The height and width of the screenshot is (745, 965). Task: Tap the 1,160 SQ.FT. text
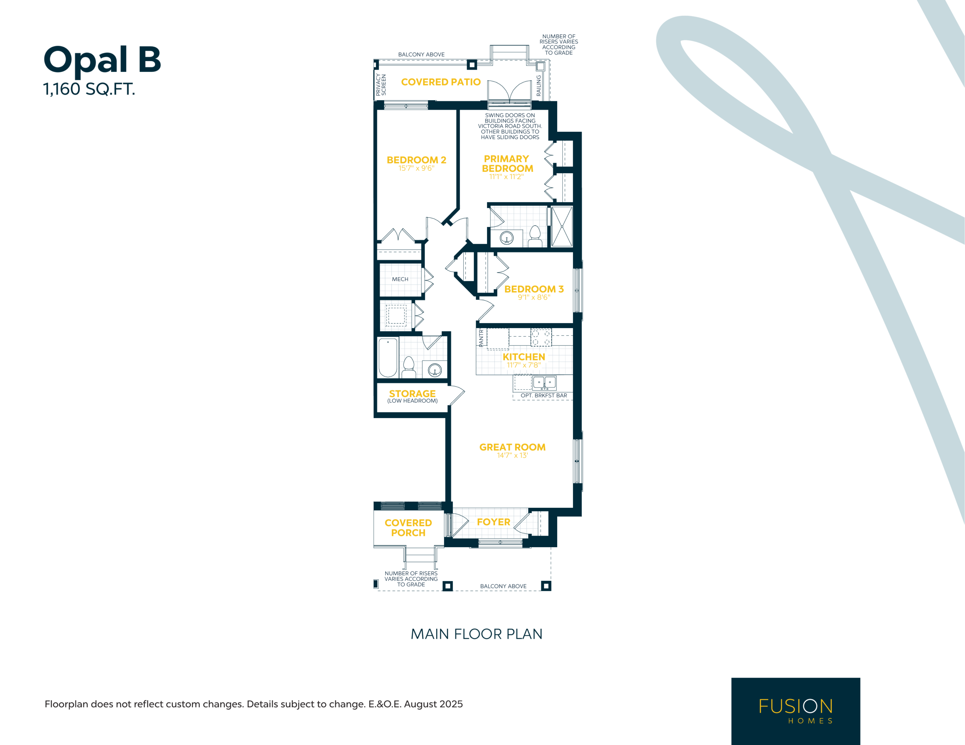(89, 89)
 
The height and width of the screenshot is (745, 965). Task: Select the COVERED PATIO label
(441, 82)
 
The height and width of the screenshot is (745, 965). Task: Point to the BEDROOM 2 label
(416, 160)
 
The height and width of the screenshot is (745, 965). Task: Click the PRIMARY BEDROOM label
(507, 163)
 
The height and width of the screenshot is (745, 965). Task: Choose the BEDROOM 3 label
(534, 289)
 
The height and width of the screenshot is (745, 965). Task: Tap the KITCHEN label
(524, 357)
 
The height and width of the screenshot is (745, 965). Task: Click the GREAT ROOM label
(512, 447)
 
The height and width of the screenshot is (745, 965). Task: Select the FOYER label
(493, 522)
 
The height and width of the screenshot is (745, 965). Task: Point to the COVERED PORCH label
(408, 528)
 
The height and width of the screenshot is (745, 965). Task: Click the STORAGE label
(412, 394)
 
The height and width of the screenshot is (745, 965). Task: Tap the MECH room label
(400, 279)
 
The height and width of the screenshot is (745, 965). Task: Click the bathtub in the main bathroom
(388, 357)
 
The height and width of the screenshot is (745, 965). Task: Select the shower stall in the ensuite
(562, 226)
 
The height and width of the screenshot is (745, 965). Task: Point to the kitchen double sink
(544, 382)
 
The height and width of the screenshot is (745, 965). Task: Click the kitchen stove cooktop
(541, 338)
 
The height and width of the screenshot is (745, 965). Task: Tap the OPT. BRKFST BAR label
(544, 396)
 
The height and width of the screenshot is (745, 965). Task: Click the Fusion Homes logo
(795, 711)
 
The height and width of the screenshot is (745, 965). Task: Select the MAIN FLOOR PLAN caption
(476, 634)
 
